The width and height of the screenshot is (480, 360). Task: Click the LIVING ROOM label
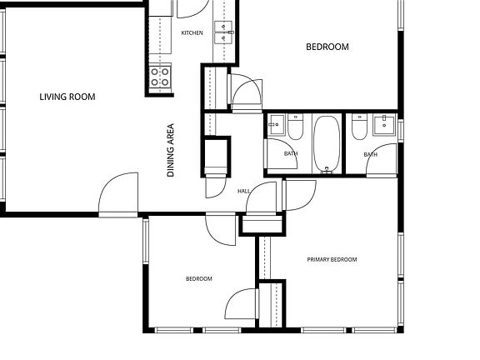(x=67, y=97)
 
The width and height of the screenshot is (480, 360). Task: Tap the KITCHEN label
(x=192, y=32)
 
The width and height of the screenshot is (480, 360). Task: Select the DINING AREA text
(x=171, y=150)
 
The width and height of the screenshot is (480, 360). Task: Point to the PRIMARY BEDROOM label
(x=332, y=260)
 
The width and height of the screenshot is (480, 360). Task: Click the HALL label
(x=243, y=191)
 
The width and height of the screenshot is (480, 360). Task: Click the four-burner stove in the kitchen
(x=160, y=77)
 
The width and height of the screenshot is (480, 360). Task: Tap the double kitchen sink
(x=223, y=32)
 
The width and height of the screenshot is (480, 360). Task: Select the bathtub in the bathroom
(x=327, y=144)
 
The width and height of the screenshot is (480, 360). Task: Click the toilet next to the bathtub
(x=295, y=127)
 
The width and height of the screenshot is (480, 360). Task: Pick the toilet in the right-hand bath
(x=359, y=127)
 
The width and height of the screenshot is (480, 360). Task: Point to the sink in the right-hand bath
(x=384, y=124)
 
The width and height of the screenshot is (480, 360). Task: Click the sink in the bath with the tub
(x=276, y=125)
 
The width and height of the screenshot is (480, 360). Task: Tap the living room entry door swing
(x=118, y=194)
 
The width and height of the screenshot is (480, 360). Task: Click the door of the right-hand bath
(x=382, y=160)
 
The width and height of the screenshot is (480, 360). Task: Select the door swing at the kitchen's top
(x=192, y=8)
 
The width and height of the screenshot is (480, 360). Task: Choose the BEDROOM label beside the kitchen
(x=327, y=47)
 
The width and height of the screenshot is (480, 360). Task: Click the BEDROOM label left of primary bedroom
(x=199, y=278)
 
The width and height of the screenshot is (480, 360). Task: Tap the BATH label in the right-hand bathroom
(x=370, y=154)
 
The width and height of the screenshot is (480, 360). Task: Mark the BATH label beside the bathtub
(x=291, y=153)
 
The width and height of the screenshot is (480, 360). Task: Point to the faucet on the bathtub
(x=327, y=170)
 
